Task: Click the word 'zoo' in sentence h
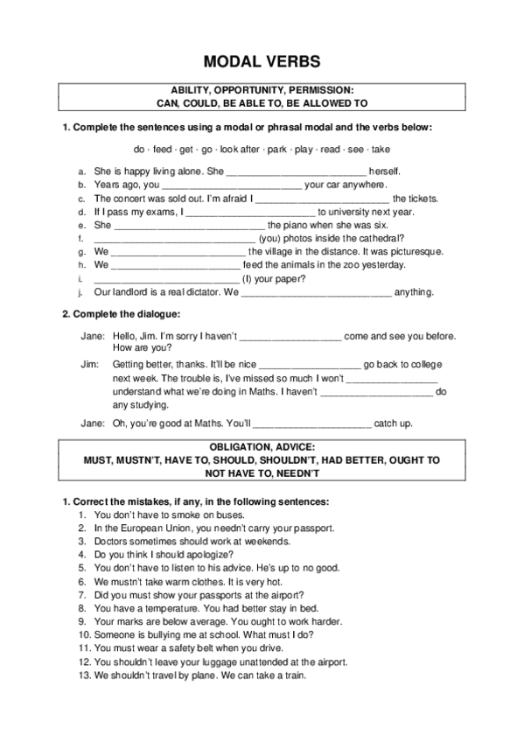[x=349, y=264]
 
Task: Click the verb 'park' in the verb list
[x=277, y=149]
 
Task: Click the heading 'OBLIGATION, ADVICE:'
[x=262, y=446]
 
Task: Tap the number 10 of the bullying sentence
[x=84, y=633]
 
